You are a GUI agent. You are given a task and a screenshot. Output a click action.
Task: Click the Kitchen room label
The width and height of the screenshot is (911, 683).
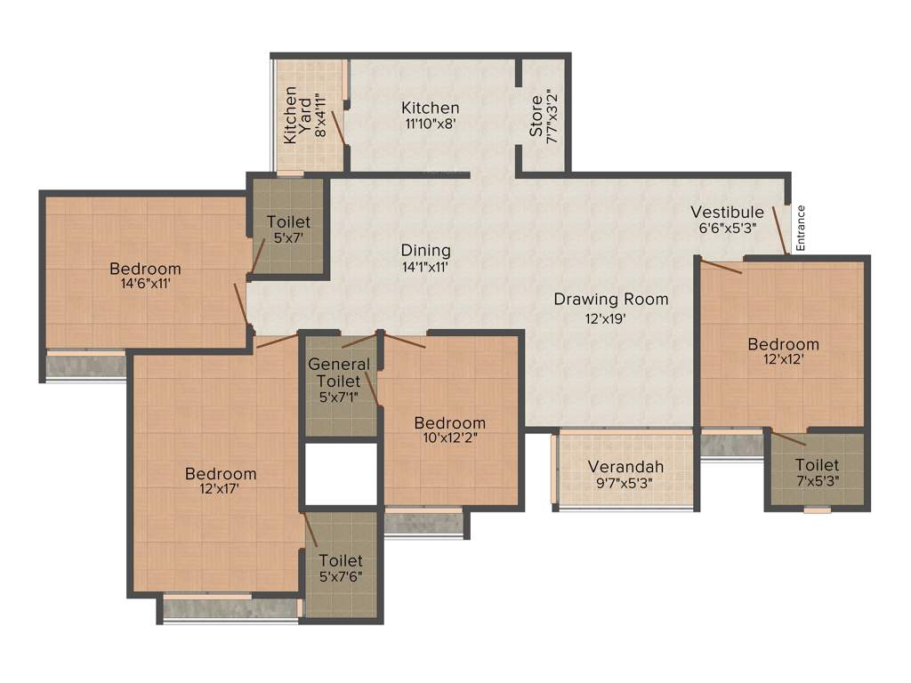coord(430,108)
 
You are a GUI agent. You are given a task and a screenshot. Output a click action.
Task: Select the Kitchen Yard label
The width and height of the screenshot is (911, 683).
coord(299,120)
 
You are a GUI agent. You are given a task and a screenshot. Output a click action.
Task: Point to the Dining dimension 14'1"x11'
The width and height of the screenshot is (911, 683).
coord(425,266)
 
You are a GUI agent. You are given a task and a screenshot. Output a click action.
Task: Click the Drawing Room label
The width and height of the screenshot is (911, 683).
coord(610,299)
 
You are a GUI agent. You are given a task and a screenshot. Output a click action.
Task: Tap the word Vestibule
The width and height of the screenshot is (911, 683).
coord(727,212)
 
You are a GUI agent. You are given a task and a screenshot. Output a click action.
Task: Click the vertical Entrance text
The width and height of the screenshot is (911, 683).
coord(800,228)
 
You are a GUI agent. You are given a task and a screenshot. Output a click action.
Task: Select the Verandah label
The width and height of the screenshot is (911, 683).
coord(625,467)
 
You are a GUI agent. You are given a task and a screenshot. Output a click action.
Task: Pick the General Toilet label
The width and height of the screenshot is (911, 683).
coord(339,373)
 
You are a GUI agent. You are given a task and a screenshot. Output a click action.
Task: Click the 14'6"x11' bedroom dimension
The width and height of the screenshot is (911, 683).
coord(145,284)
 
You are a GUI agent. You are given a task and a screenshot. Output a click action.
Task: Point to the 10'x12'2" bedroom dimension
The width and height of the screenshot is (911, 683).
coord(449,437)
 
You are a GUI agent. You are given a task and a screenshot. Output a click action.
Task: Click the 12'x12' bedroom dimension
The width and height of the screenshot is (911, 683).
coord(783,359)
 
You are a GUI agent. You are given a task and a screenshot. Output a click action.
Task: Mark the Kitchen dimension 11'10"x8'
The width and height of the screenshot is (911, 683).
coord(430,125)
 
